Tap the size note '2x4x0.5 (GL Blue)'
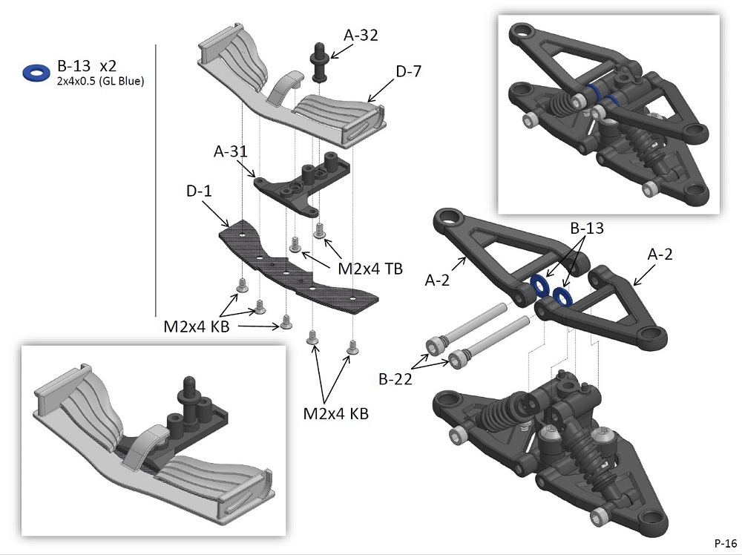[x=100, y=82]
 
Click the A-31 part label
[x=229, y=152]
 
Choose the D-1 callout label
[x=199, y=191]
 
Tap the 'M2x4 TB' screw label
[x=370, y=269]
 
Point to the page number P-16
[x=725, y=541]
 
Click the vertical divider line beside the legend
[x=156, y=178]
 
